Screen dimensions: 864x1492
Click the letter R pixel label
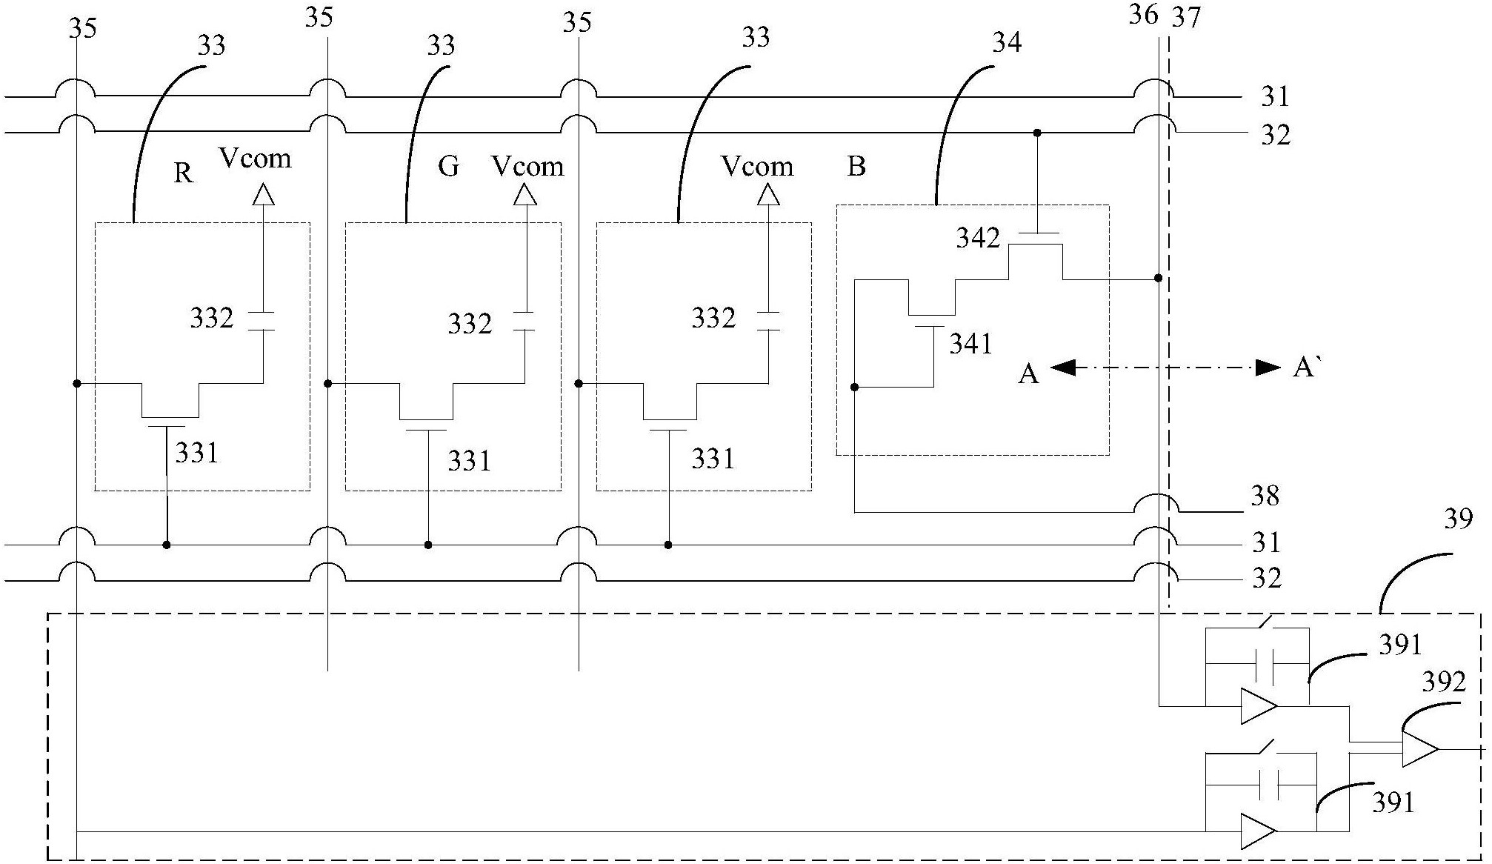pyautogui.click(x=183, y=173)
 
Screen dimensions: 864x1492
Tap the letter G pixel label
pyautogui.click(x=448, y=167)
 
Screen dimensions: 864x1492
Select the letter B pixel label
pyautogui.click(x=856, y=167)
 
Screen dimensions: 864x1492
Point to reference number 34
pyautogui.click(x=1007, y=42)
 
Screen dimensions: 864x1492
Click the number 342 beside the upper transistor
pyautogui.click(x=978, y=238)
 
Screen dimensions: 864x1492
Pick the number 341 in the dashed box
pyautogui.click(x=970, y=344)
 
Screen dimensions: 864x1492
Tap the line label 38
pyautogui.click(x=1265, y=496)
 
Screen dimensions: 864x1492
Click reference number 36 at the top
pyautogui.click(x=1144, y=14)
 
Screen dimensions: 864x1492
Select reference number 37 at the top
pyautogui.click(x=1186, y=17)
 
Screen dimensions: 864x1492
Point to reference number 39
pyautogui.click(x=1459, y=519)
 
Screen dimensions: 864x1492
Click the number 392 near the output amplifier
pyautogui.click(x=1444, y=682)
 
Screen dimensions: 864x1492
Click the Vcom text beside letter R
pyautogui.click(x=255, y=159)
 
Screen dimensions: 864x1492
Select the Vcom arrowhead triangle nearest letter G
pyautogui.click(x=525, y=194)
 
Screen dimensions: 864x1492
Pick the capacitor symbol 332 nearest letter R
pyautogui.click(x=262, y=321)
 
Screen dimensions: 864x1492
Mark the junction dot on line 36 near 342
pyautogui.click(x=1159, y=279)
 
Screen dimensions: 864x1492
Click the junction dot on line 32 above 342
pyautogui.click(x=1037, y=133)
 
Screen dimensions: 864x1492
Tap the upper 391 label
pyautogui.click(x=1400, y=645)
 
